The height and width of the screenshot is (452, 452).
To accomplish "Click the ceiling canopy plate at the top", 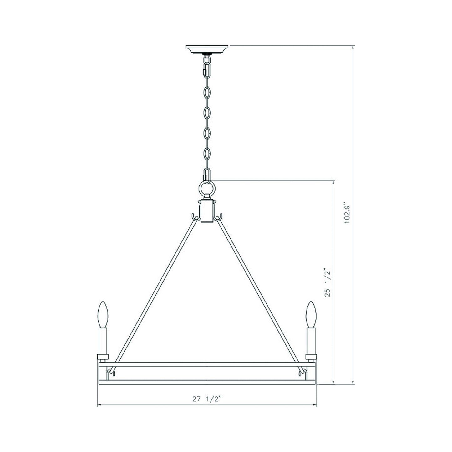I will click(207, 49).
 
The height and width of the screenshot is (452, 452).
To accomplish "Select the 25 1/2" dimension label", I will click(327, 282).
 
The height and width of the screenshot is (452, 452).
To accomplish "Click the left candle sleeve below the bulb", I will click(103, 341).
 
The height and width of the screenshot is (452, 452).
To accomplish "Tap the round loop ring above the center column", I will click(207, 189).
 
